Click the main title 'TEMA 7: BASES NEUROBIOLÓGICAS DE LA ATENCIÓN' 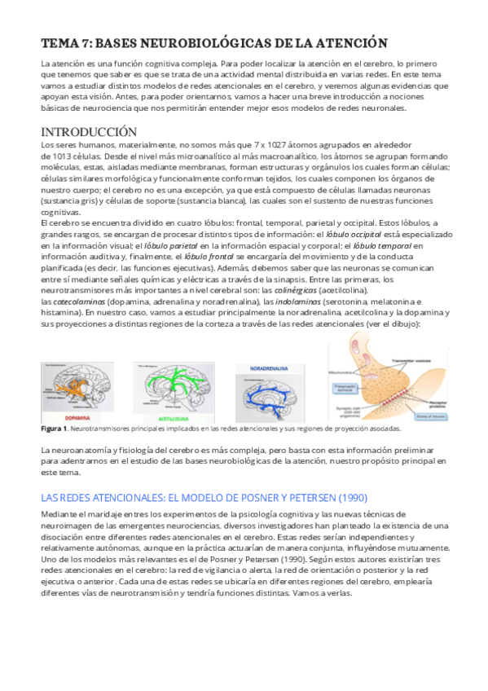pyautogui.click(x=214, y=43)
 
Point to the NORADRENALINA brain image pyautogui.click(x=270, y=393)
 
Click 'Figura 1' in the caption pyautogui.click(x=54, y=428)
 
